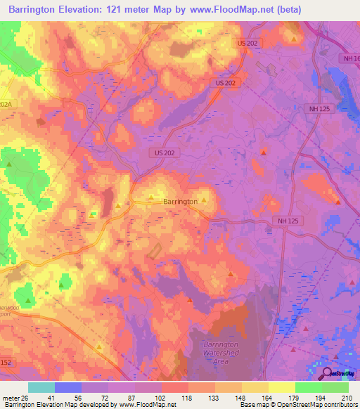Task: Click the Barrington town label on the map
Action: (x=180, y=202)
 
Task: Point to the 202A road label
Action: (x=6, y=104)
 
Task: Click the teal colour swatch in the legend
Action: (x=41, y=387)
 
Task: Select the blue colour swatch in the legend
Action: (x=68, y=387)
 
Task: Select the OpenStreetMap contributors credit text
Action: (x=309, y=405)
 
